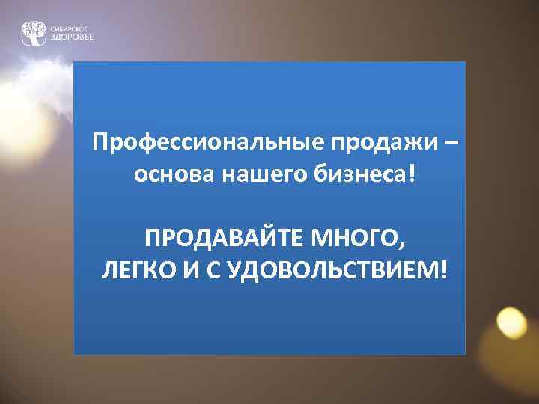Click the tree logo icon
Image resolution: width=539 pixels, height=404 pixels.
(x=34, y=33)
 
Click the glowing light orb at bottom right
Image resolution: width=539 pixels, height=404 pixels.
(x=513, y=323)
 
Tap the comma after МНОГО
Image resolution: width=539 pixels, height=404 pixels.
(x=406, y=245)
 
